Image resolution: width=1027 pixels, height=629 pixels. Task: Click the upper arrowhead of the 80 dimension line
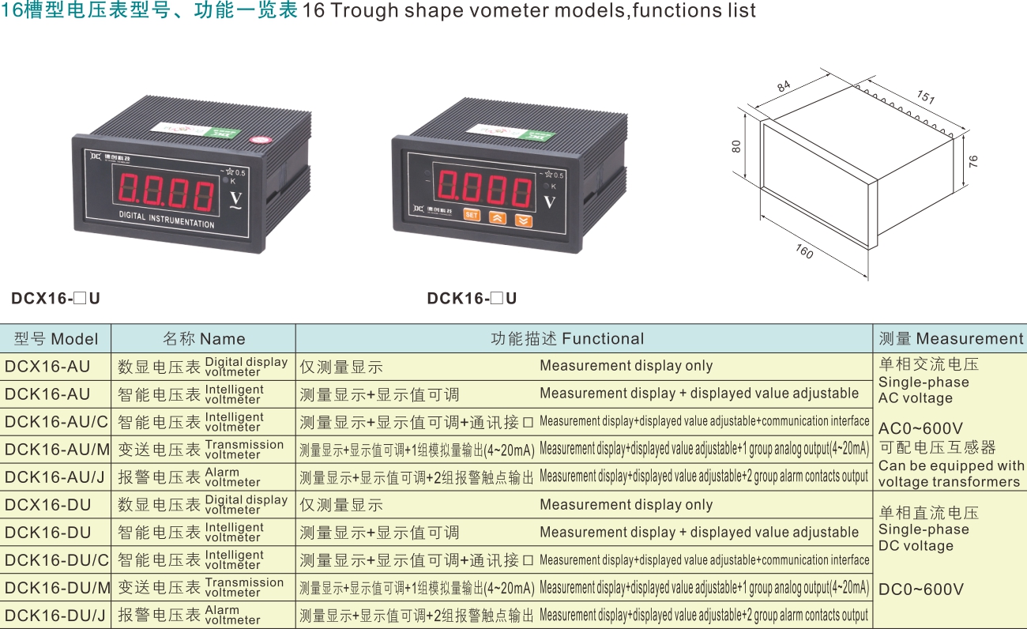pyautogui.click(x=746, y=115)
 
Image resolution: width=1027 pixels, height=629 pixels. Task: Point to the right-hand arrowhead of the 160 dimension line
pyautogui.click(x=866, y=276)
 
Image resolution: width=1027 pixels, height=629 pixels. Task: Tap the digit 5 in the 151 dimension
pyautogui.click(x=926, y=96)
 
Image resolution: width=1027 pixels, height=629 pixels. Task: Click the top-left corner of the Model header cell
pyautogui.click(x=0, y=324)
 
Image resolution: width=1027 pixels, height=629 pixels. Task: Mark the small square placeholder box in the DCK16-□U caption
pyautogui.click(x=497, y=299)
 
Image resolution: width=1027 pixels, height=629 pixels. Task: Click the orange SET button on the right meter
pyautogui.click(x=472, y=215)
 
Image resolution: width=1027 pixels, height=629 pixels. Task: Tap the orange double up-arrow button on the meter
pyautogui.click(x=498, y=218)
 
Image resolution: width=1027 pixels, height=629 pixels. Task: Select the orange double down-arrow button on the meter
pyautogui.click(x=523, y=221)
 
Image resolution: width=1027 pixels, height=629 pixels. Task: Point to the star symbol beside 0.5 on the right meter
pyautogui.click(x=548, y=174)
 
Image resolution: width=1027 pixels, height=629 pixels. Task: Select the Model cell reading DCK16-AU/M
pyautogui.click(x=55, y=450)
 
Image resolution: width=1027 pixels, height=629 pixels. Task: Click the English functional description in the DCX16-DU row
pyautogui.click(x=626, y=504)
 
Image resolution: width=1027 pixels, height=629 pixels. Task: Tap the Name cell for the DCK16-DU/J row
pyautogui.click(x=203, y=616)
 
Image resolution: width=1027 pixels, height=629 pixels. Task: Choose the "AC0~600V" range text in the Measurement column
pyautogui.click(x=920, y=428)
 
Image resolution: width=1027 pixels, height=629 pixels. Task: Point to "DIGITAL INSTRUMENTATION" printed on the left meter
pyautogui.click(x=167, y=220)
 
